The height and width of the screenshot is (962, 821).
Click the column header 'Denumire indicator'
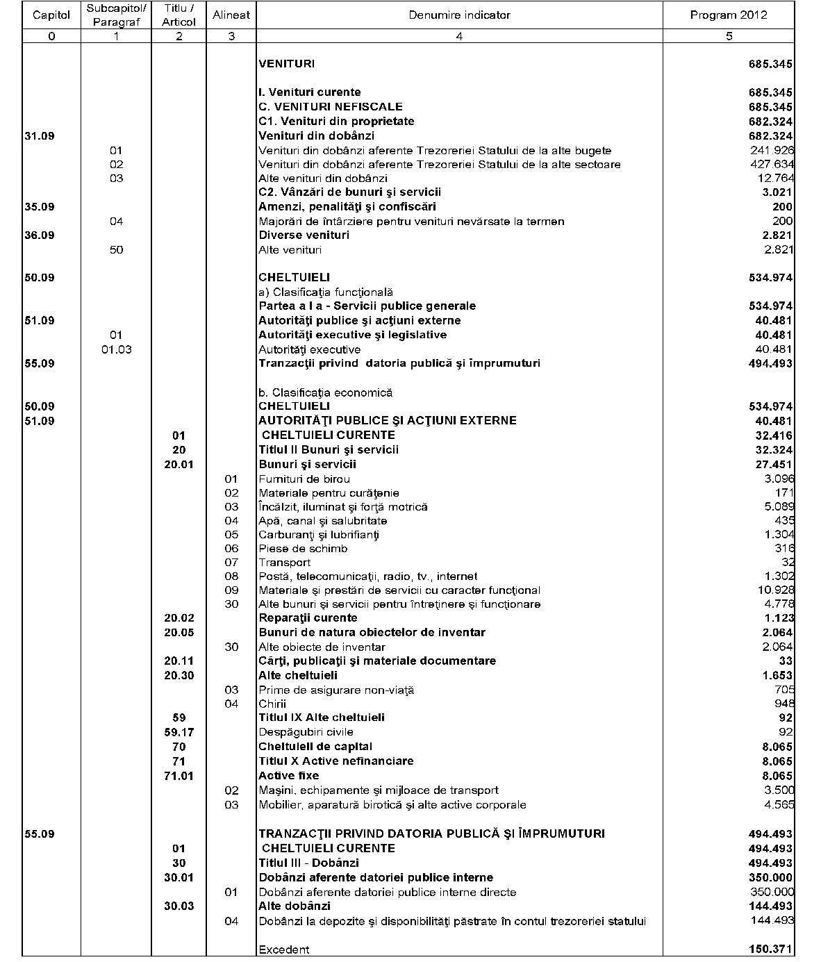pyautogui.click(x=459, y=15)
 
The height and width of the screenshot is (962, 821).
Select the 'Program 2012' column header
pyautogui.click(x=728, y=15)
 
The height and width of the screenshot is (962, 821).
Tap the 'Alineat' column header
pyautogui.click(x=231, y=15)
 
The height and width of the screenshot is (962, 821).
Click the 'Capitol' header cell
pyautogui.click(x=51, y=15)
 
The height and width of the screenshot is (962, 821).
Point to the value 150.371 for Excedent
pyautogui.click(x=771, y=949)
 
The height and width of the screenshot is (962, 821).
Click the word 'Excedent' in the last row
pyautogui.click(x=284, y=949)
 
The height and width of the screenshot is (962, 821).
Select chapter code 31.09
pyautogui.click(x=40, y=136)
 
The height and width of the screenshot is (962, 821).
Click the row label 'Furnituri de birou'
pyautogui.click(x=304, y=479)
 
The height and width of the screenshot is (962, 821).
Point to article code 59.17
pyautogui.click(x=179, y=732)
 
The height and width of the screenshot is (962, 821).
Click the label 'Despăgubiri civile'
pyautogui.click(x=306, y=732)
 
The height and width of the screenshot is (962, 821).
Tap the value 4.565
pyautogui.click(x=778, y=805)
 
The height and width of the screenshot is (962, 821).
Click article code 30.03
pyautogui.click(x=179, y=906)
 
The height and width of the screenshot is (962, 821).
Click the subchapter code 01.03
pyautogui.click(x=116, y=349)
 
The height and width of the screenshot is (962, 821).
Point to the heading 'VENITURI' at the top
pyautogui.click(x=286, y=64)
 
